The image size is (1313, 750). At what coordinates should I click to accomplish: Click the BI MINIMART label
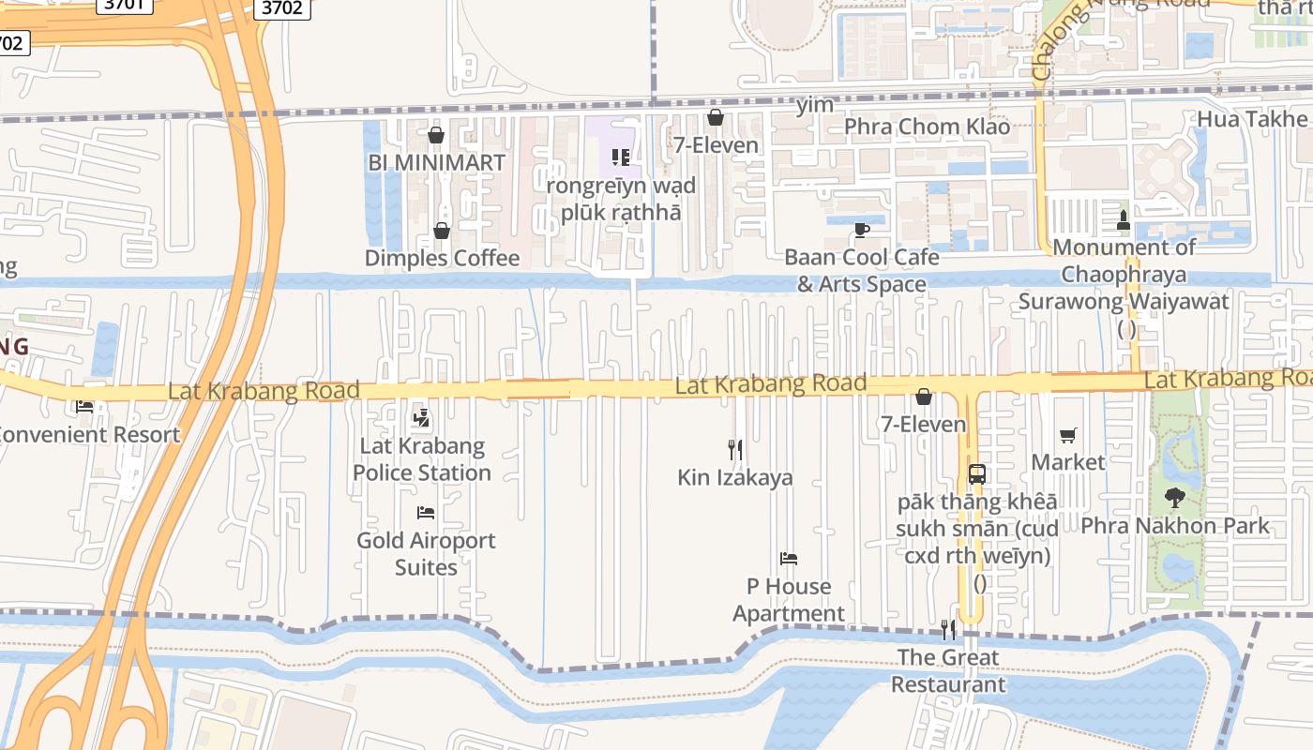[436, 162]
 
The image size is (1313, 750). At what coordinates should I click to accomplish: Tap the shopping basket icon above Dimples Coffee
[442, 231]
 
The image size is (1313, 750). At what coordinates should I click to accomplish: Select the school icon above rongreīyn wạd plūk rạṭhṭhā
[621, 157]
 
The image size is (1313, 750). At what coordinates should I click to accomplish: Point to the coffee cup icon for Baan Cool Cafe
[861, 230]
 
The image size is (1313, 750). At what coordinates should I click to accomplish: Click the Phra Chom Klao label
[927, 127]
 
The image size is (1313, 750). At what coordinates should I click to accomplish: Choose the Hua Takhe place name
[1251, 119]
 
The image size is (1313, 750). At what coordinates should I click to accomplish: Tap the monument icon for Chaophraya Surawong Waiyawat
[1123, 220]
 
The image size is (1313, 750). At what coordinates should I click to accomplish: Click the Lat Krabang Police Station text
[422, 459]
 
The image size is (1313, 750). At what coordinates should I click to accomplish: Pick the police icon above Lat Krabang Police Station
[422, 418]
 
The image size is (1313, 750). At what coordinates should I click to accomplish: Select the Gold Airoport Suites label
[426, 553]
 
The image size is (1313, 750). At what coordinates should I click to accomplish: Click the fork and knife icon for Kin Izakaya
[735, 450]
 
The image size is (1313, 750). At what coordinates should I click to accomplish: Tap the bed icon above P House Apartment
[789, 559]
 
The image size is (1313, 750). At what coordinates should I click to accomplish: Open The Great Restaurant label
[947, 670]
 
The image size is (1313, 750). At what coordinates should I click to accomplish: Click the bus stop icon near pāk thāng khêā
[977, 474]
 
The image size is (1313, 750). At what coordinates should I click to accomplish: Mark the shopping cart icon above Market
[1067, 435]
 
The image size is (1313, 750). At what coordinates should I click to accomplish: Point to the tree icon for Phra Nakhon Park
[1174, 498]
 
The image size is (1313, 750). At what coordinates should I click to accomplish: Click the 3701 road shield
[123, 7]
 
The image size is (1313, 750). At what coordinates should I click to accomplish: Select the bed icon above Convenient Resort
[84, 407]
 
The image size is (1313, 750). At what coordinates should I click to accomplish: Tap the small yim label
[814, 105]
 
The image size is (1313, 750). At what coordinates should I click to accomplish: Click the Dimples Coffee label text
[442, 258]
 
